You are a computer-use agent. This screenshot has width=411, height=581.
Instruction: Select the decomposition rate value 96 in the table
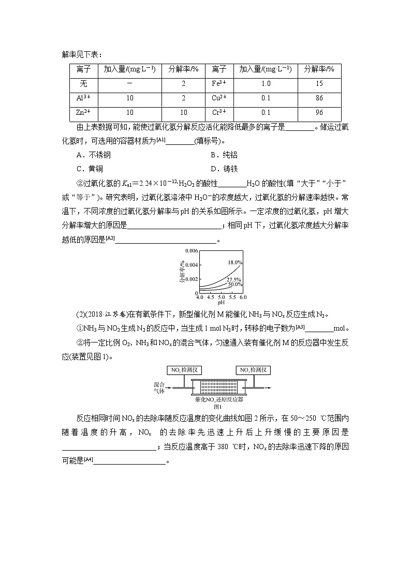pyautogui.click(x=319, y=113)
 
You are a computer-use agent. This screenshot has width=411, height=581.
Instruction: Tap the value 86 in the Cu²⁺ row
pyautogui.click(x=319, y=98)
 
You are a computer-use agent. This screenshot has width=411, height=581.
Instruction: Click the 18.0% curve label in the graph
pyautogui.click(x=234, y=263)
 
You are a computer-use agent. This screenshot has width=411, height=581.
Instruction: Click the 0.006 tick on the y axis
pyautogui.click(x=192, y=251)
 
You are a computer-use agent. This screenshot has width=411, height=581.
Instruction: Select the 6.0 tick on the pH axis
pyautogui.click(x=243, y=297)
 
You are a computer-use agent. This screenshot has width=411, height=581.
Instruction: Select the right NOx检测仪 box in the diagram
pyautogui.click(x=254, y=370)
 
